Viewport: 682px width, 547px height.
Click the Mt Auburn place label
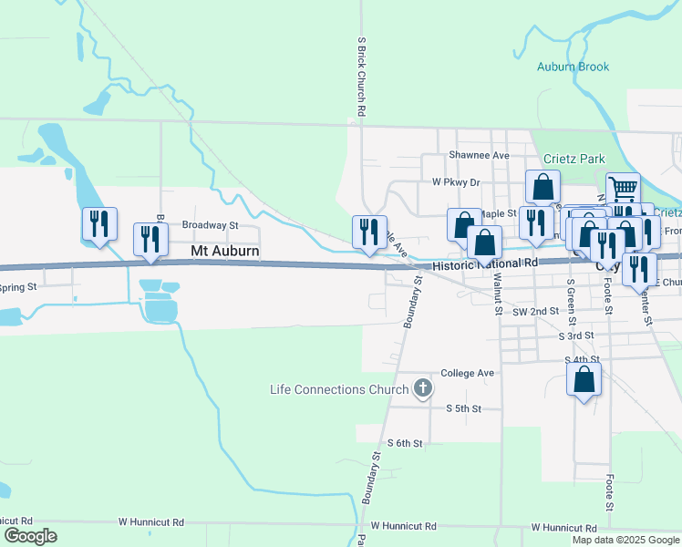pos(225,251)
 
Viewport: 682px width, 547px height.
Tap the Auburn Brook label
pos(573,67)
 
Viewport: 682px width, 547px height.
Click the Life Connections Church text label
pos(340,389)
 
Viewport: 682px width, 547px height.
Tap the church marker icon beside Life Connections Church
pos(422,389)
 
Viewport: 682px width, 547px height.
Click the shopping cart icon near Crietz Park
pos(623,190)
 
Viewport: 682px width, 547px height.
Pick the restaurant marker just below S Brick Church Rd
pos(369,232)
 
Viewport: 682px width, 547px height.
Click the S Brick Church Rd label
pos(362,77)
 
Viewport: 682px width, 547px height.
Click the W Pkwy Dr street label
pos(456,182)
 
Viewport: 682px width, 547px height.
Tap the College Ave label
pos(467,373)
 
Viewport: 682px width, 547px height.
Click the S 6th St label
pos(405,443)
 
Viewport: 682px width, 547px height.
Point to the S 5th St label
pos(463,408)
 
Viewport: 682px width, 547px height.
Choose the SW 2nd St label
pos(535,311)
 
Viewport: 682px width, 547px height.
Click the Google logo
pos(30,536)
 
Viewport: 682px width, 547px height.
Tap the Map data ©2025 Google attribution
pos(625,540)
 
